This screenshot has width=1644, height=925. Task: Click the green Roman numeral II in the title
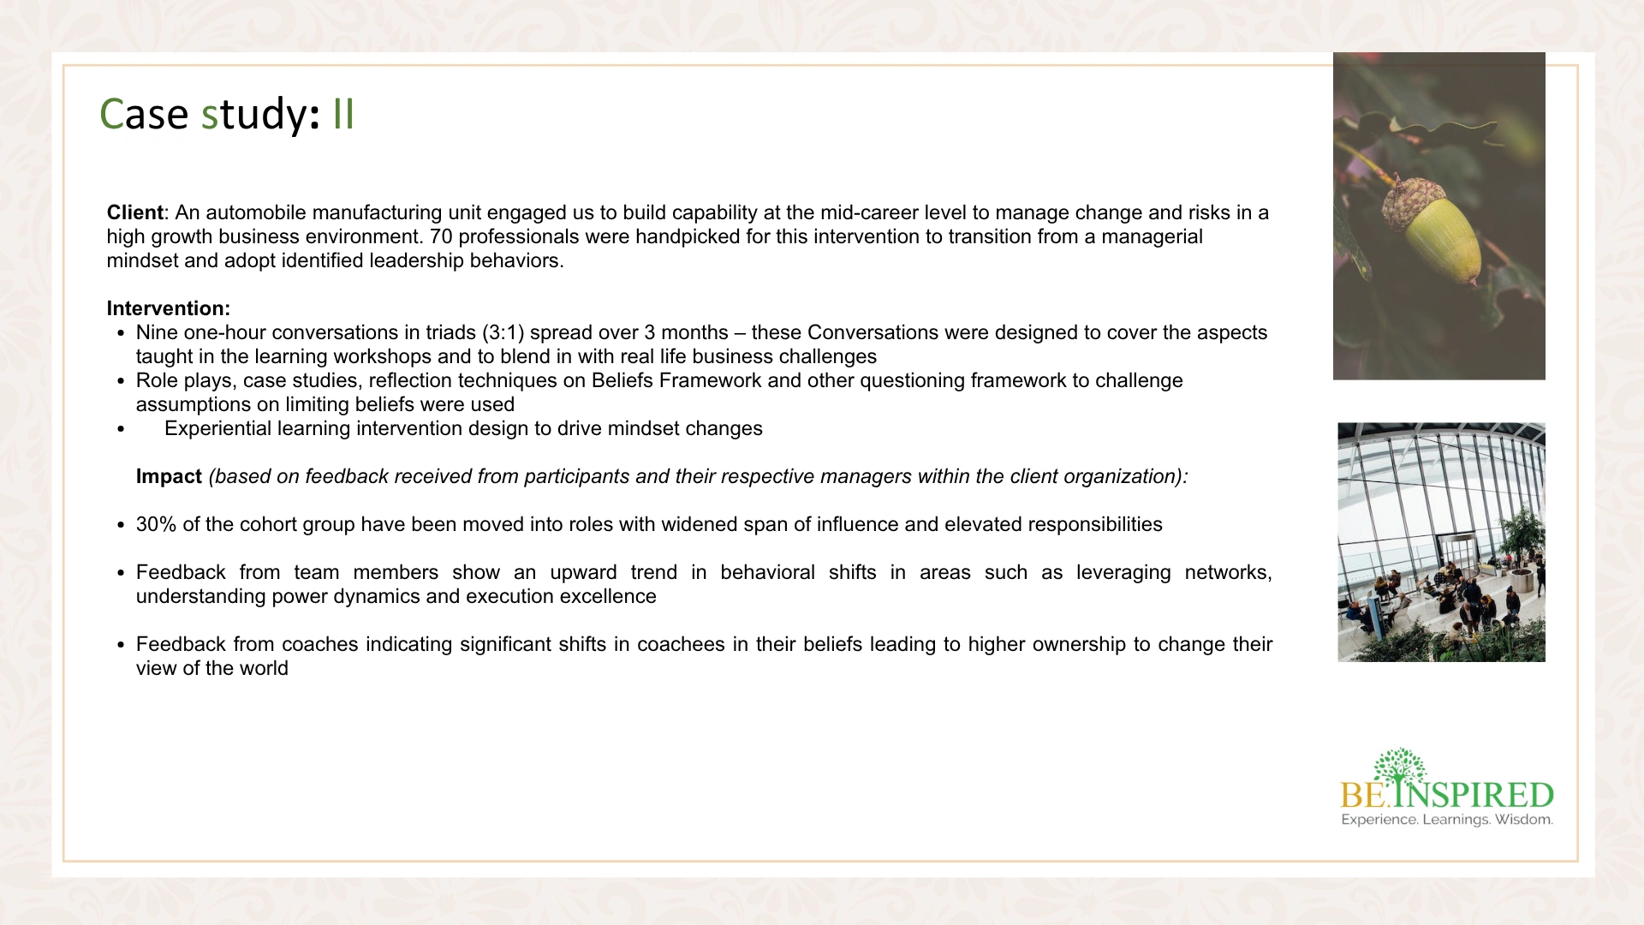(x=343, y=114)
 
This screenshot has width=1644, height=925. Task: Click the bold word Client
(x=134, y=212)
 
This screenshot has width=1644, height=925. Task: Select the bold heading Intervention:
(x=169, y=308)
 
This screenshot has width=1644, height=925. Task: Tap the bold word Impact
(x=169, y=476)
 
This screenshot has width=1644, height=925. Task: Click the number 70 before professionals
(x=441, y=236)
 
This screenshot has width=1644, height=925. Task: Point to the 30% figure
(x=156, y=524)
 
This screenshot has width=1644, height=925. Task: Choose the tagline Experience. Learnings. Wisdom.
(x=1447, y=820)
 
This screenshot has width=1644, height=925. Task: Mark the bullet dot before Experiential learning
(x=121, y=429)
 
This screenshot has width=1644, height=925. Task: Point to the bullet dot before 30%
(x=121, y=525)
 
